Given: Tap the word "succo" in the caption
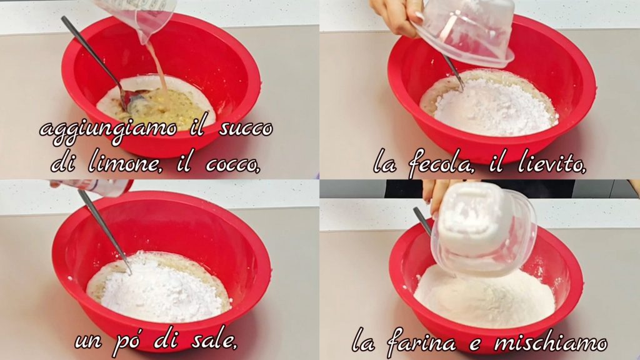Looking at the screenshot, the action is pos(246,129).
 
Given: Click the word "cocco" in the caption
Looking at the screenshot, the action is pos(232,164).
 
